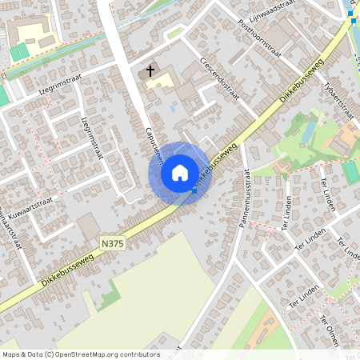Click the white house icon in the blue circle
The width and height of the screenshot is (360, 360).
pos(180,173)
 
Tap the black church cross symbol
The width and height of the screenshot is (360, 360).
pos(150,72)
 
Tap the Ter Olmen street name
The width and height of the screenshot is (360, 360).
pos(330,331)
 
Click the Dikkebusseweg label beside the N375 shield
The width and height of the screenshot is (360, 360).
pos(63,269)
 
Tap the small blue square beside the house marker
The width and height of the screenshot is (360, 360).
pos(194,191)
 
